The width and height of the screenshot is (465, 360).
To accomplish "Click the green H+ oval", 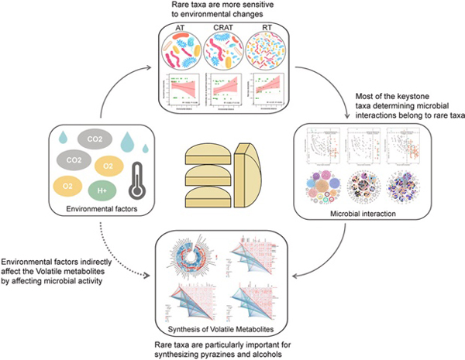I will click(x=103, y=190).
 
